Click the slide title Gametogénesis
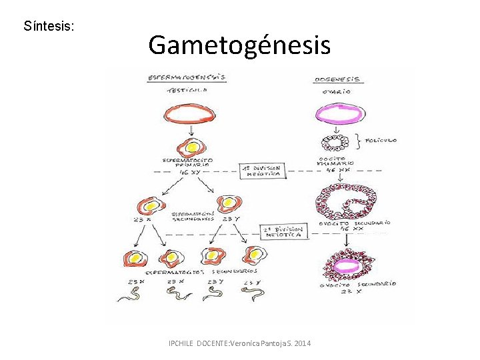tap(239, 45)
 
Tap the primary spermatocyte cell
tap(190, 146)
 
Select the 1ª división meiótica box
tap(263, 171)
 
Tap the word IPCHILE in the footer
tap(182, 343)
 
